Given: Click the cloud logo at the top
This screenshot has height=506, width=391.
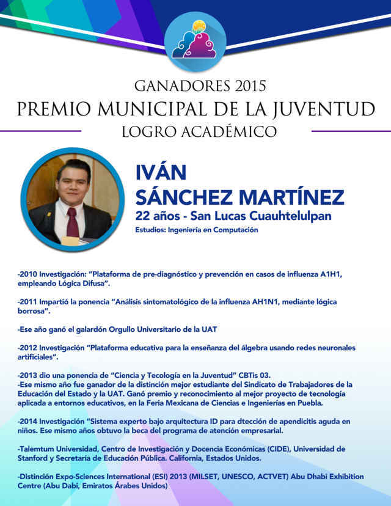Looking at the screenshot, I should click(195, 38).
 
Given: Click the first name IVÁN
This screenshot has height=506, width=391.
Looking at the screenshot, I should click(160, 173).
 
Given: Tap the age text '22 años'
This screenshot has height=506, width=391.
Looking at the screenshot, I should click(159, 216).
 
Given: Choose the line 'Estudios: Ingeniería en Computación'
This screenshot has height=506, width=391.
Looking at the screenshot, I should click(197, 230).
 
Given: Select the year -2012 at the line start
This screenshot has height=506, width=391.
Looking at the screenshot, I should click(28, 348).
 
